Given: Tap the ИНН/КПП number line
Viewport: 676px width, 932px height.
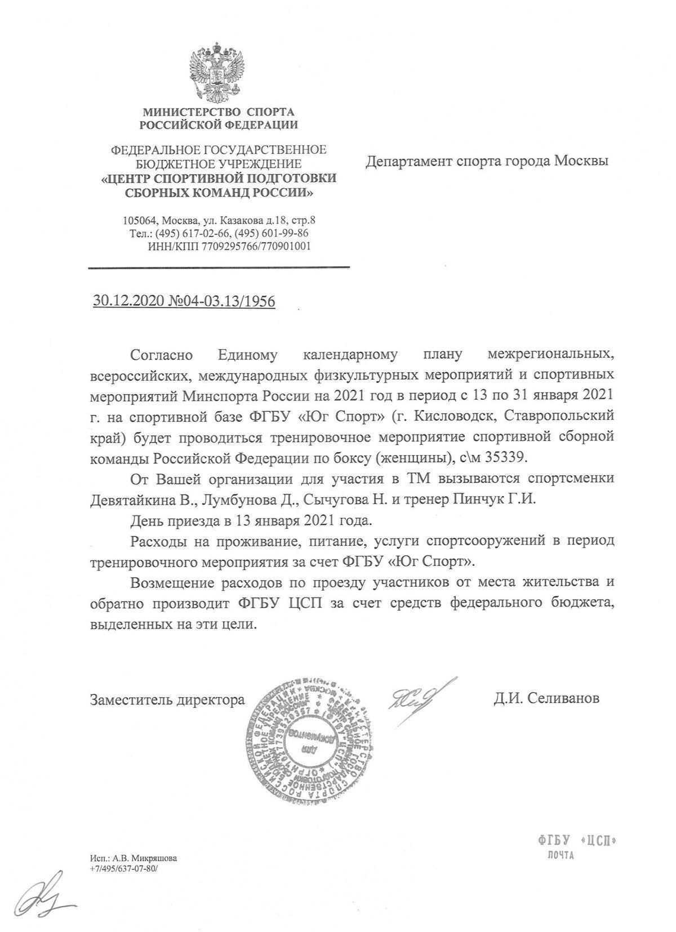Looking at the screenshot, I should pyautogui.click(x=229, y=246).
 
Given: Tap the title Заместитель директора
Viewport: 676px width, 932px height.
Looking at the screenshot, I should pyautogui.click(x=167, y=699).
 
